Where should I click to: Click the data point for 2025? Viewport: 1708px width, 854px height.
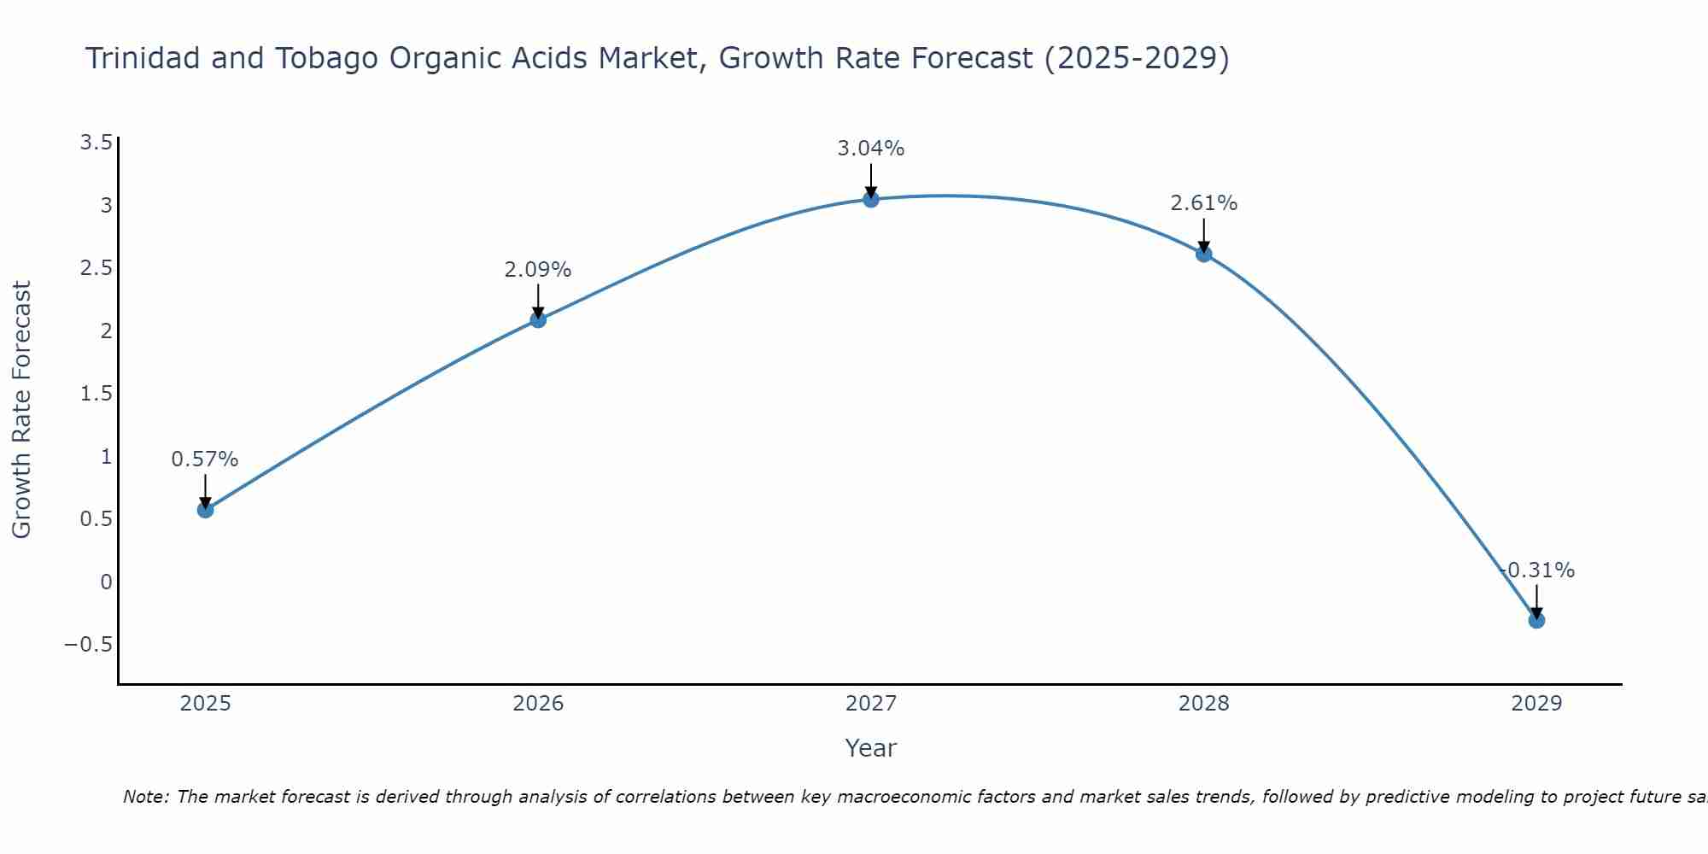point(205,510)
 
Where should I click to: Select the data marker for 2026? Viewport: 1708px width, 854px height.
point(538,319)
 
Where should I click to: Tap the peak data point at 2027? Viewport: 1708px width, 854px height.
point(871,200)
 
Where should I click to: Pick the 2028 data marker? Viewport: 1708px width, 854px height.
point(1204,254)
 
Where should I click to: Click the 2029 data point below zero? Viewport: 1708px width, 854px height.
point(1536,620)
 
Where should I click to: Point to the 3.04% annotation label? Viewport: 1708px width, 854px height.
point(871,149)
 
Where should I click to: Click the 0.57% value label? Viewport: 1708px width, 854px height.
point(205,459)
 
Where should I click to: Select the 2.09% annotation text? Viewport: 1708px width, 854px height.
point(538,270)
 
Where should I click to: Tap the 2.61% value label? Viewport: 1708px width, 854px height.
point(1204,203)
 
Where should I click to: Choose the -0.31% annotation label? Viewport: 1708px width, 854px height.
point(1537,570)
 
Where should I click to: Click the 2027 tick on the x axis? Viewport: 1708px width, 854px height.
point(871,704)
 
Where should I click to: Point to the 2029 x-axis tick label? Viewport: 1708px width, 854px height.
point(1536,704)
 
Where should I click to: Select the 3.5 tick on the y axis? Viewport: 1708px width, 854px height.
point(97,143)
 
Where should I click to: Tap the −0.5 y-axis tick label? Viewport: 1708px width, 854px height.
point(89,645)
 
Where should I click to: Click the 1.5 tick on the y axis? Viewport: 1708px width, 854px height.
point(97,394)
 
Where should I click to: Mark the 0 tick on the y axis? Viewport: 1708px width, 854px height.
point(106,582)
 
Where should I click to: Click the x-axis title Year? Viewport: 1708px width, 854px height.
point(871,748)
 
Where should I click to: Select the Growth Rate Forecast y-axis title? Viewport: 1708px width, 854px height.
point(22,410)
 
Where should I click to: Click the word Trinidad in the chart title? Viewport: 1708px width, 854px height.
point(142,59)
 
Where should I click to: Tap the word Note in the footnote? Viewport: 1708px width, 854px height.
point(145,797)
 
